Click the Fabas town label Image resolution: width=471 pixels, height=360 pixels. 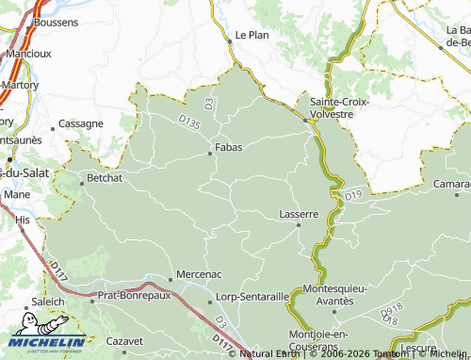[229, 147]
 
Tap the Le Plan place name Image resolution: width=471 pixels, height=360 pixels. [252, 35]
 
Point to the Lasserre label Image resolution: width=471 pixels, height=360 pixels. [300, 214]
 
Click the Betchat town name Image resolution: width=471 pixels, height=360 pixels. [105, 177]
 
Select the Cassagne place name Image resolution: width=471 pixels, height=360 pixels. [81, 123]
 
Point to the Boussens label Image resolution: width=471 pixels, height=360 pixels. [56, 21]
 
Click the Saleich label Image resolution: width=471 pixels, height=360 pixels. [47, 302]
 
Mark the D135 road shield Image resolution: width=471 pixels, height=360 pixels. [189, 122]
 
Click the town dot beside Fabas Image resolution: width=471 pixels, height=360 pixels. [210, 154]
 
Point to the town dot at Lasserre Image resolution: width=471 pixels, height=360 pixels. [299, 224]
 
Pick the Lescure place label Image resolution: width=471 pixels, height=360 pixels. [417, 347]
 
